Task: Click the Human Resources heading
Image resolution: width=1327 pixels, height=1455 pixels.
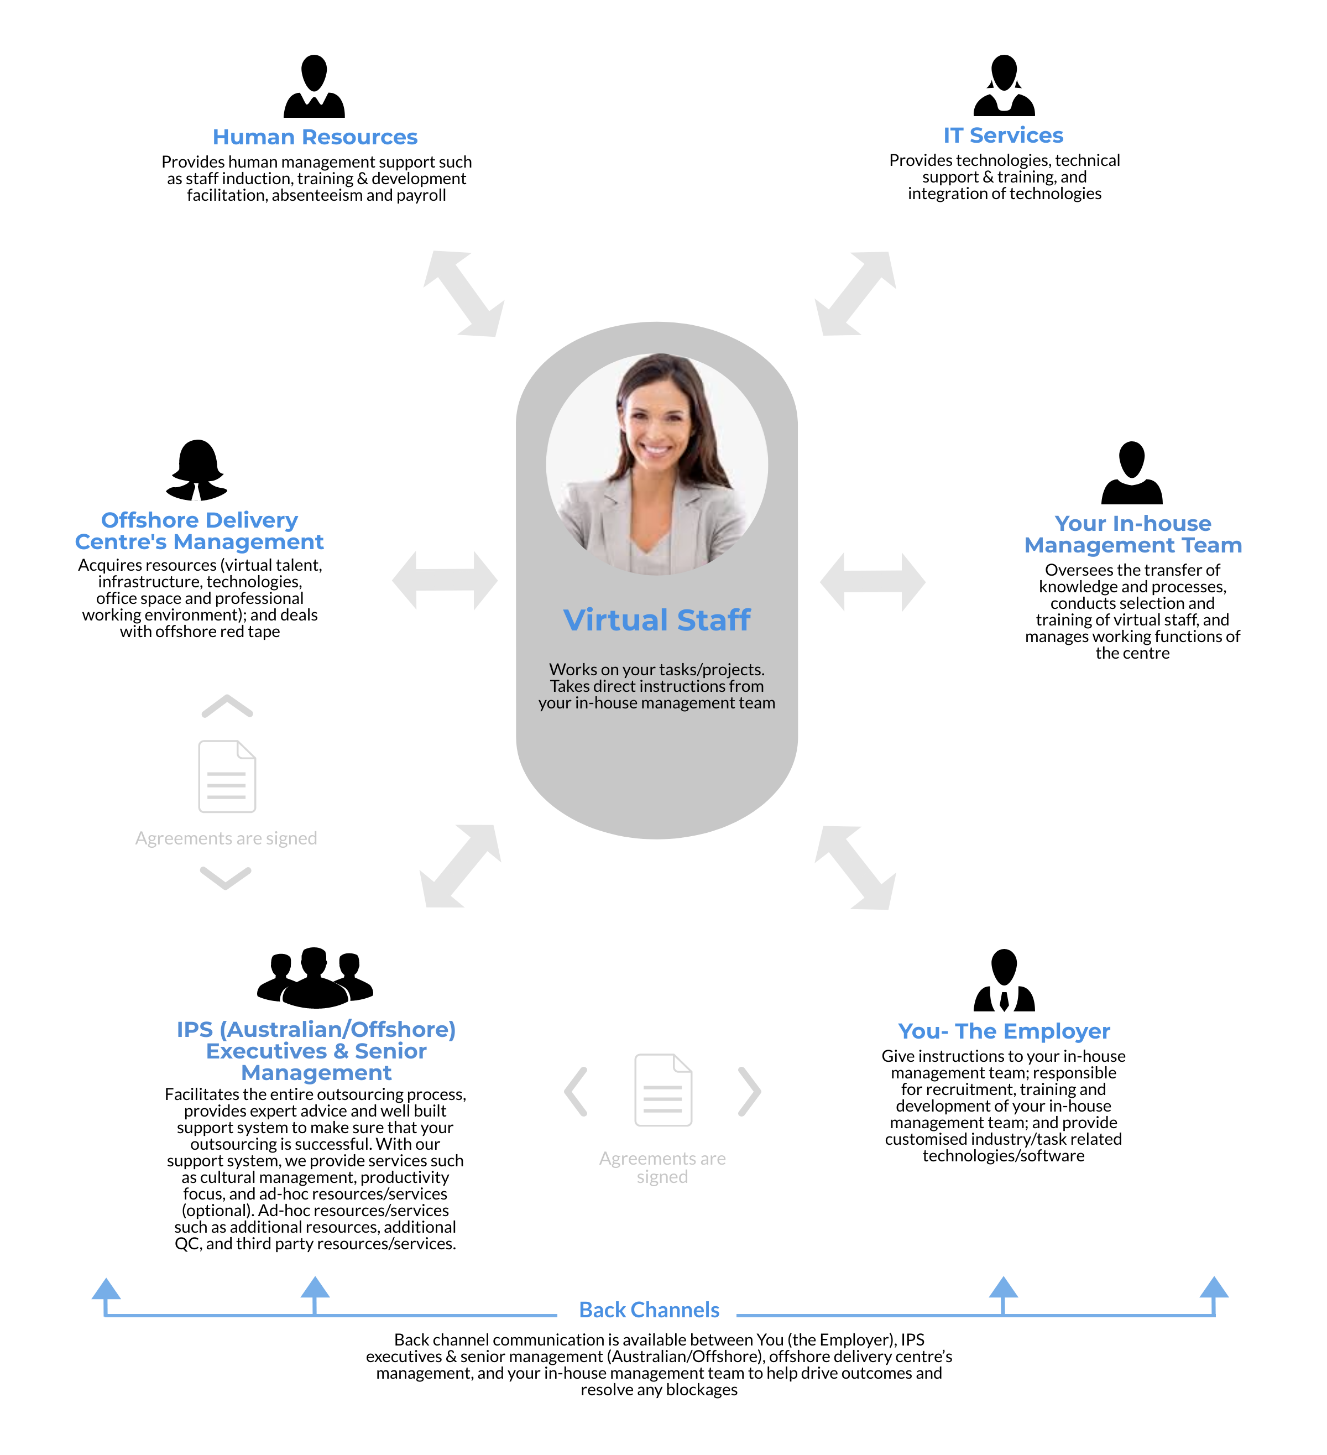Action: (x=315, y=137)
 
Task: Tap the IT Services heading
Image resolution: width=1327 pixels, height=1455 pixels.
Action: (x=1003, y=135)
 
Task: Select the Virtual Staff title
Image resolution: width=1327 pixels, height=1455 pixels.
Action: (x=657, y=620)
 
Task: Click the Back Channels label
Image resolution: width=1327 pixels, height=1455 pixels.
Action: (x=650, y=1310)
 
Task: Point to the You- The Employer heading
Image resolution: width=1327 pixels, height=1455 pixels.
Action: (x=1004, y=1031)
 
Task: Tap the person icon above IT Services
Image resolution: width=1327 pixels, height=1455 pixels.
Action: (x=1004, y=85)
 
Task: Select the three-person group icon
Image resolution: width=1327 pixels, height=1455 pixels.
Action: (x=315, y=977)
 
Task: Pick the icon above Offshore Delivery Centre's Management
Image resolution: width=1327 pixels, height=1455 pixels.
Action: (x=197, y=470)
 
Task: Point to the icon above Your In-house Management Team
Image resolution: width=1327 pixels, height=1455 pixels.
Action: (x=1131, y=473)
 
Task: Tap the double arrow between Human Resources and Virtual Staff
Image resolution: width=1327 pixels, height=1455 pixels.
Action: (x=463, y=293)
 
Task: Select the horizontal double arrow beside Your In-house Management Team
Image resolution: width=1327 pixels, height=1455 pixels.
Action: (x=873, y=582)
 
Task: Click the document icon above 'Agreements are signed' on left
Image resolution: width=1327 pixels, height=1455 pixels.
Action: (x=227, y=776)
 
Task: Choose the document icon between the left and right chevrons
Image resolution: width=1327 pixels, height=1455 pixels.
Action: (x=663, y=1090)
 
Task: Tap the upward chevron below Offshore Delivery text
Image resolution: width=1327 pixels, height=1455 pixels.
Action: (x=227, y=706)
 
